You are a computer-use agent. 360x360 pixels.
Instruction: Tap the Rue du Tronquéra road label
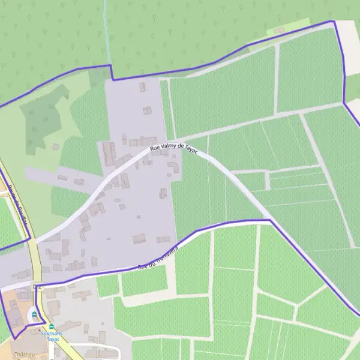click(x=158, y=256)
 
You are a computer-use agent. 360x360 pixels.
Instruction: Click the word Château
click(x=23, y=355)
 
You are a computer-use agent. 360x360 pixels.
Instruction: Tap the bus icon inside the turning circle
click(x=35, y=313)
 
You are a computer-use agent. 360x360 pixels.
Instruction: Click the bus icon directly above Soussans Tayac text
click(x=51, y=326)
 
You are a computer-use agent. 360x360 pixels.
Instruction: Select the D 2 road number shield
click(x=38, y=287)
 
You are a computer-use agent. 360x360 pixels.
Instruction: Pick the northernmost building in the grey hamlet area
click(x=142, y=87)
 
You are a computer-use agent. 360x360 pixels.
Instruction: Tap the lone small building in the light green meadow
click(x=56, y=146)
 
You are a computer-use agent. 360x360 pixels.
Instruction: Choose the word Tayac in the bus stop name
click(x=53, y=338)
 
